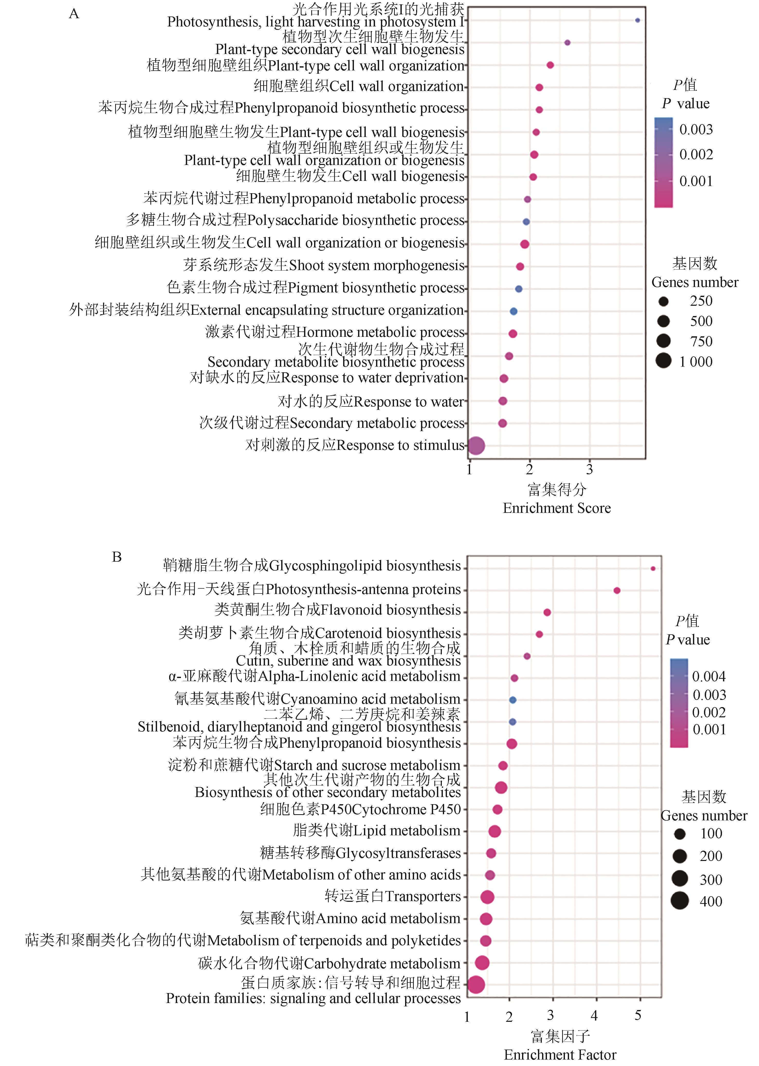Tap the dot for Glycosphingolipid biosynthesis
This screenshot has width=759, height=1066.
[x=653, y=569]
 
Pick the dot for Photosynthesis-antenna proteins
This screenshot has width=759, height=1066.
[x=616, y=590]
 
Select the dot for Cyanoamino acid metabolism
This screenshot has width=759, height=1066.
[x=512, y=700]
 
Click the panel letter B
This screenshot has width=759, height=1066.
[x=117, y=557]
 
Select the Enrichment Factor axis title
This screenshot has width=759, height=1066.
[x=560, y=1054]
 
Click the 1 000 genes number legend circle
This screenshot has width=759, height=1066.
[x=663, y=361]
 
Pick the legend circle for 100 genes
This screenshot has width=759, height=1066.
[x=680, y=834]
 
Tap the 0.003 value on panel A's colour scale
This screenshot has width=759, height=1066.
[x=696, y=129]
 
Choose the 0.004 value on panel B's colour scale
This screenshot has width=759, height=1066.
[x=709, y=676]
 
